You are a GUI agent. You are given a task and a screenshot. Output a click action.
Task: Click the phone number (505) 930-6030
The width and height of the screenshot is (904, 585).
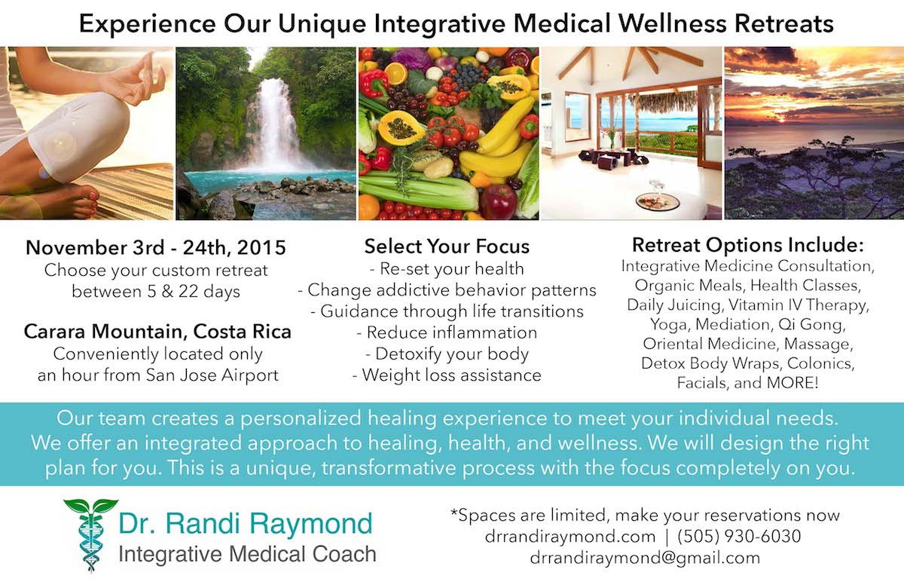coord(739,537)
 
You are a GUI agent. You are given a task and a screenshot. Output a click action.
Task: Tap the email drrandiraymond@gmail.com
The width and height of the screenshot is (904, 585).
coord(645,558)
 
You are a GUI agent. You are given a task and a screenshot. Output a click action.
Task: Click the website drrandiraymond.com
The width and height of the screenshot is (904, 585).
coord(570,537)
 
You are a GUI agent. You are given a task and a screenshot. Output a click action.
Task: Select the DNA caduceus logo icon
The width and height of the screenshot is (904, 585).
coord(90,535)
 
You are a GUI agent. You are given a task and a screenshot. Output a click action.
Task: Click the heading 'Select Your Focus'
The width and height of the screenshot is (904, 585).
coord(447,247)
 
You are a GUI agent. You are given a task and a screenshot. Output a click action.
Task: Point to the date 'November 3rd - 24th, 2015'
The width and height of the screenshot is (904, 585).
coord(156,247)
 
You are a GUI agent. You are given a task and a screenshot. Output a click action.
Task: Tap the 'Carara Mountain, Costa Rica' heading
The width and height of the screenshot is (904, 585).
coord(157,332)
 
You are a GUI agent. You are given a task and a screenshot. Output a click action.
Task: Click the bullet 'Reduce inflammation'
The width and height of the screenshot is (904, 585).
coord(447,332)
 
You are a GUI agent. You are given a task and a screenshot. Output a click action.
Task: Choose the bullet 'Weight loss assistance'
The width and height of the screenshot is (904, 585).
coord(447,375)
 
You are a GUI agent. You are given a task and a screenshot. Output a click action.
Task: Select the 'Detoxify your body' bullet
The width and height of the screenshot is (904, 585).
coord(447,354)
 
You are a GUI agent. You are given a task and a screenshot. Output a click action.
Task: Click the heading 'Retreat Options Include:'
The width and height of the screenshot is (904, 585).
coord(748,245)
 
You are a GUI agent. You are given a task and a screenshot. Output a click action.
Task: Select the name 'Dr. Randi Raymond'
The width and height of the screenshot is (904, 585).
coord(246,523)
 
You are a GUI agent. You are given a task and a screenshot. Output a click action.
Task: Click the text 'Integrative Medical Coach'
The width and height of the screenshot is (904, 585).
coord(247,554)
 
